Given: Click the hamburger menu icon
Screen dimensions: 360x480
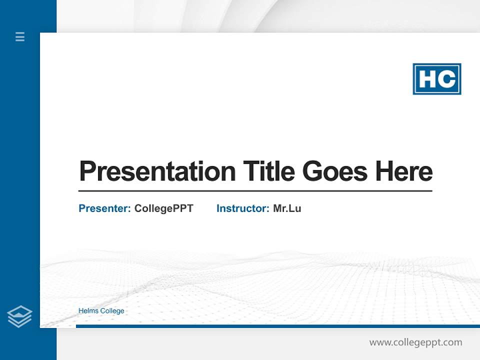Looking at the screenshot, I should click(20, 36).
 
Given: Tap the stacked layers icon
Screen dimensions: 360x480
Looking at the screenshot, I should click(19, 316).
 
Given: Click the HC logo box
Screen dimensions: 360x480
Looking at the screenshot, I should click(436, 79).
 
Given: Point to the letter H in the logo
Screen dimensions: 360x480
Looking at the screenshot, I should click(426, 79).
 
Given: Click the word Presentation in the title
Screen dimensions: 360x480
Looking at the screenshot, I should click(157, 171).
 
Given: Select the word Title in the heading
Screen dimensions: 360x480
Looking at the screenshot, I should click(268, 171).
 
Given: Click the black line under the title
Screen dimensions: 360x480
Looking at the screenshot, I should click(255, 191).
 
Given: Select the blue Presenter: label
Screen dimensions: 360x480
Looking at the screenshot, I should click(104, 208).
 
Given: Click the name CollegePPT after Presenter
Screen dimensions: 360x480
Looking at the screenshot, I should click(163, 208).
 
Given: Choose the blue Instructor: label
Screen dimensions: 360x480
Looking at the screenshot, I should click(242, 208).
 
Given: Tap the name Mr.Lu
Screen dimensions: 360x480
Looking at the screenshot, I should click(287, 208).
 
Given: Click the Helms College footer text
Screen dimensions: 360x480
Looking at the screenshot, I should click(101, 311).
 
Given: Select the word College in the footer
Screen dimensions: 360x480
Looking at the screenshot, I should click(112, 311).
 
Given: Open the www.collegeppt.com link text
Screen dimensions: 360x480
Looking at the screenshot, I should click(415, 342).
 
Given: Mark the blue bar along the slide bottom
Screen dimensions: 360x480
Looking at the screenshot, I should click(277, 326).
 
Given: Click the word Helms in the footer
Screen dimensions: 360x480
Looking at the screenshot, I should click(88, 311).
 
